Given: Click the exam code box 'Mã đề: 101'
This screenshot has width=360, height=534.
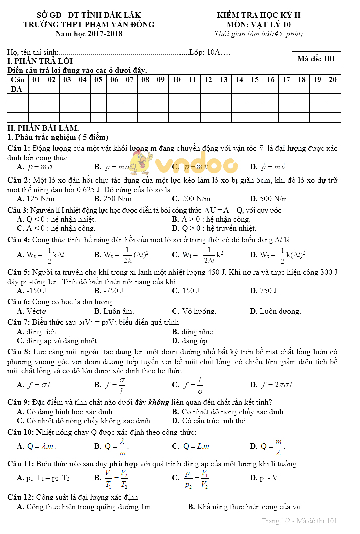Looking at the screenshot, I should [316, 59].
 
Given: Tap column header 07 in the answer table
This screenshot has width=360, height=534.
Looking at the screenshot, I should [130, 79].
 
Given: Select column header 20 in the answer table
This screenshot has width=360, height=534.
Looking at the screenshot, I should [333, 79].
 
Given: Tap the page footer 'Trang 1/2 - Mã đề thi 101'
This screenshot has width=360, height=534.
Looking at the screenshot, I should [299, 521].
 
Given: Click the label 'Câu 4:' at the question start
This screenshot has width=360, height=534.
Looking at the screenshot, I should [19, 240].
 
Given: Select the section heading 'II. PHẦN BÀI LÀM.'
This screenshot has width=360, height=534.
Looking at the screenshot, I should [43, 128].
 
